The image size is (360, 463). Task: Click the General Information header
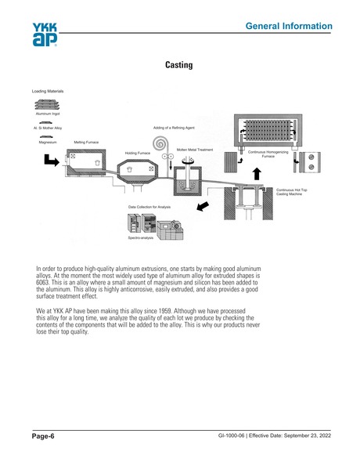coord(288,27)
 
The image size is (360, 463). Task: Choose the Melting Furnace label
coord(86,143)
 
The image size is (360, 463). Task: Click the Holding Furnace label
coord(139,153)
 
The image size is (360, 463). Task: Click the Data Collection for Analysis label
coord(149,207)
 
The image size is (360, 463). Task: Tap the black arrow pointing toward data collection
coord(202,206)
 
